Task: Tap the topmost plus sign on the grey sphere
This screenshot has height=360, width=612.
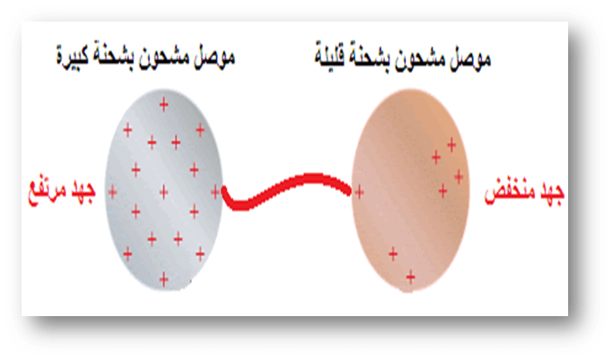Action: (163, 104)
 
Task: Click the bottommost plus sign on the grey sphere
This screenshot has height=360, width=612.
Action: (163, 278)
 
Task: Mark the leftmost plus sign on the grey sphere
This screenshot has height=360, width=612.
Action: (112, 192)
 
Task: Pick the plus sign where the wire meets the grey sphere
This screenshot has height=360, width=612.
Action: (215, 192)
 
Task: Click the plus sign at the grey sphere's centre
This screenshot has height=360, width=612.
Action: (163, 192)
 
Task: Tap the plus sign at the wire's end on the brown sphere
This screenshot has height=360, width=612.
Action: (359, 192)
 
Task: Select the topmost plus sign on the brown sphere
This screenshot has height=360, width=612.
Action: (451, 144)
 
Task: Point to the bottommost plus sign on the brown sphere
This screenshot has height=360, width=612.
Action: (409, 276)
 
